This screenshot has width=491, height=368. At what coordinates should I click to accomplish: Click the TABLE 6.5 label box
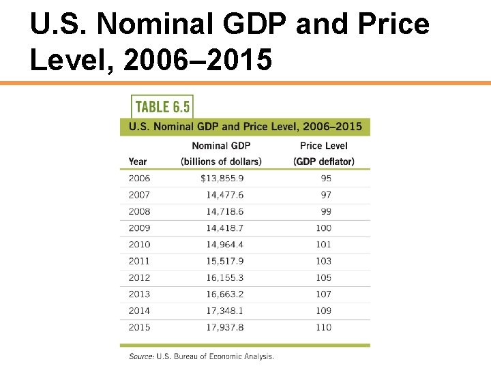click(162, 106)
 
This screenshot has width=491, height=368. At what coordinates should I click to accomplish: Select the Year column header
click(138, 162)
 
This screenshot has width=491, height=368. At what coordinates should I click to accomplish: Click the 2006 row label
click(139, 179)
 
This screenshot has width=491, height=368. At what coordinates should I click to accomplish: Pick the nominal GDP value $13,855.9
click(222, 179)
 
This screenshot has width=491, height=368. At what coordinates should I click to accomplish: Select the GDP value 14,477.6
click(224, 195)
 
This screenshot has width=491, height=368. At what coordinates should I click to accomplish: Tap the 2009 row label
click(139, 228)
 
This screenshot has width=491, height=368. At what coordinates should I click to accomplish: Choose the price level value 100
click(323, 228)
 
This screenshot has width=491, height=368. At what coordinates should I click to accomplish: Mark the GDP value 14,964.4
click(224, 245)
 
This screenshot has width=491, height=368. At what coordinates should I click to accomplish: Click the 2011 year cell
click(139, 261)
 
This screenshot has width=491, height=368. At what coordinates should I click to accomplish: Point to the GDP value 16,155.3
click(224, 278)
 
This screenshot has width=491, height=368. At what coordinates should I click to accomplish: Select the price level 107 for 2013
click(323, 294)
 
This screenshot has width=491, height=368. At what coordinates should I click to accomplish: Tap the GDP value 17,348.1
click(224, 311)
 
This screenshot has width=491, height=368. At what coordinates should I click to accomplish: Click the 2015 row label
click(139, 327)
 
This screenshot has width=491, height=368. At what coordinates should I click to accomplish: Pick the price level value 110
click(323, 327)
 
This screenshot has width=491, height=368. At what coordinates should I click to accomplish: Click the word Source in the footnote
click(140, 356)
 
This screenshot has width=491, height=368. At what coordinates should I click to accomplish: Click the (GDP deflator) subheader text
click(324, 162)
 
